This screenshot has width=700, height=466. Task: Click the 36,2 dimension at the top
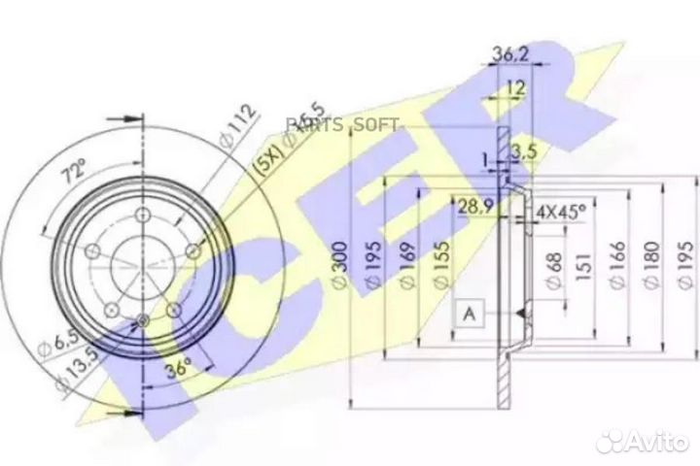500,54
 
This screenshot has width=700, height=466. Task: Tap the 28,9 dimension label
473,206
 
